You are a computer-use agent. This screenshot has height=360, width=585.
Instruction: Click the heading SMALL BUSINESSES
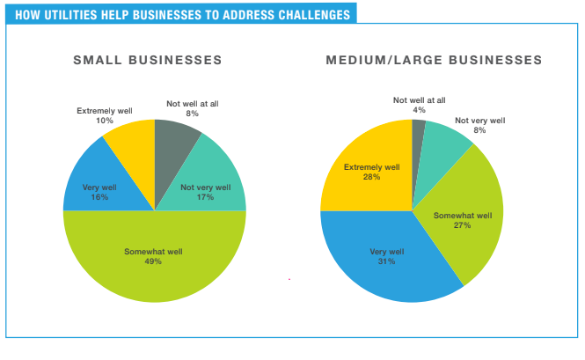(147, 61)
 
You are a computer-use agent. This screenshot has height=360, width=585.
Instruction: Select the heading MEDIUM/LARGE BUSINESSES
(434, 61)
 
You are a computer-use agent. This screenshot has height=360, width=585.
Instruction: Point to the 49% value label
(154, 261)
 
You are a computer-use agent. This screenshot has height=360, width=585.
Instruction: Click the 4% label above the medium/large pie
(419, 110)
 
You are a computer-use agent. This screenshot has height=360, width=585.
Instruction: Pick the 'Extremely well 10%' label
(104, 115)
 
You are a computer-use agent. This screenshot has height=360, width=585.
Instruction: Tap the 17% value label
(205, 198)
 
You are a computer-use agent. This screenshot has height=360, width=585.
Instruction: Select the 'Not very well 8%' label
(479, 125)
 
